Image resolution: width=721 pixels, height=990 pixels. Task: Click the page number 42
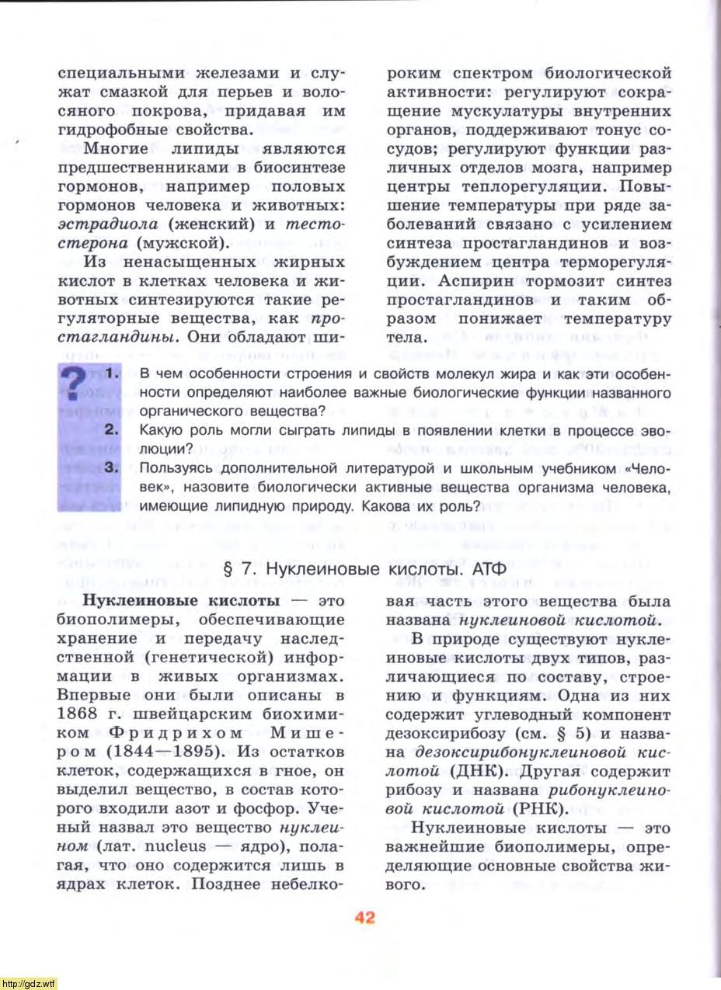(364, 917)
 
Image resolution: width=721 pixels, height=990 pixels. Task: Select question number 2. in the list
(110, 429)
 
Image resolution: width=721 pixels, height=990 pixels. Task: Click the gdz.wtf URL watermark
(29, 983)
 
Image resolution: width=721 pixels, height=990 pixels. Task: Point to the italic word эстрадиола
(110, 225)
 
